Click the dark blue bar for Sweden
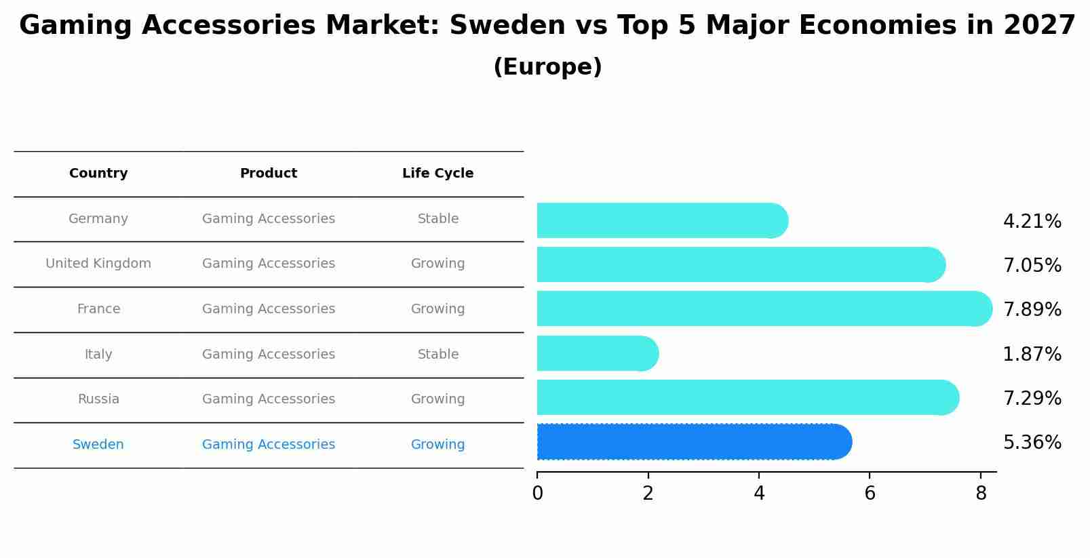(692, 442)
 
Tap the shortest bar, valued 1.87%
(597, 353)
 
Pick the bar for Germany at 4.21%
(661, 220)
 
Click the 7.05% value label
(1032, 265)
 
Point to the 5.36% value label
(1032, 443)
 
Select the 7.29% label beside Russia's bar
(1032, 398)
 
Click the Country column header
(98, 174)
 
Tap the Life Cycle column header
(437, 174)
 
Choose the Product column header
(269, 174)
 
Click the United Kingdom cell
(98, 264)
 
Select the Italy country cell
(98, 354)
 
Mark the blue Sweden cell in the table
(98, 445)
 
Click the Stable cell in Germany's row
(437, 219)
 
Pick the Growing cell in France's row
(437, 309)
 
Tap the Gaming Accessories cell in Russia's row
(269, 399)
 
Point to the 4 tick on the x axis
(759, 494)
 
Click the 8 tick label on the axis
(981, 494)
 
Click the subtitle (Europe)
(547, 67)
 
